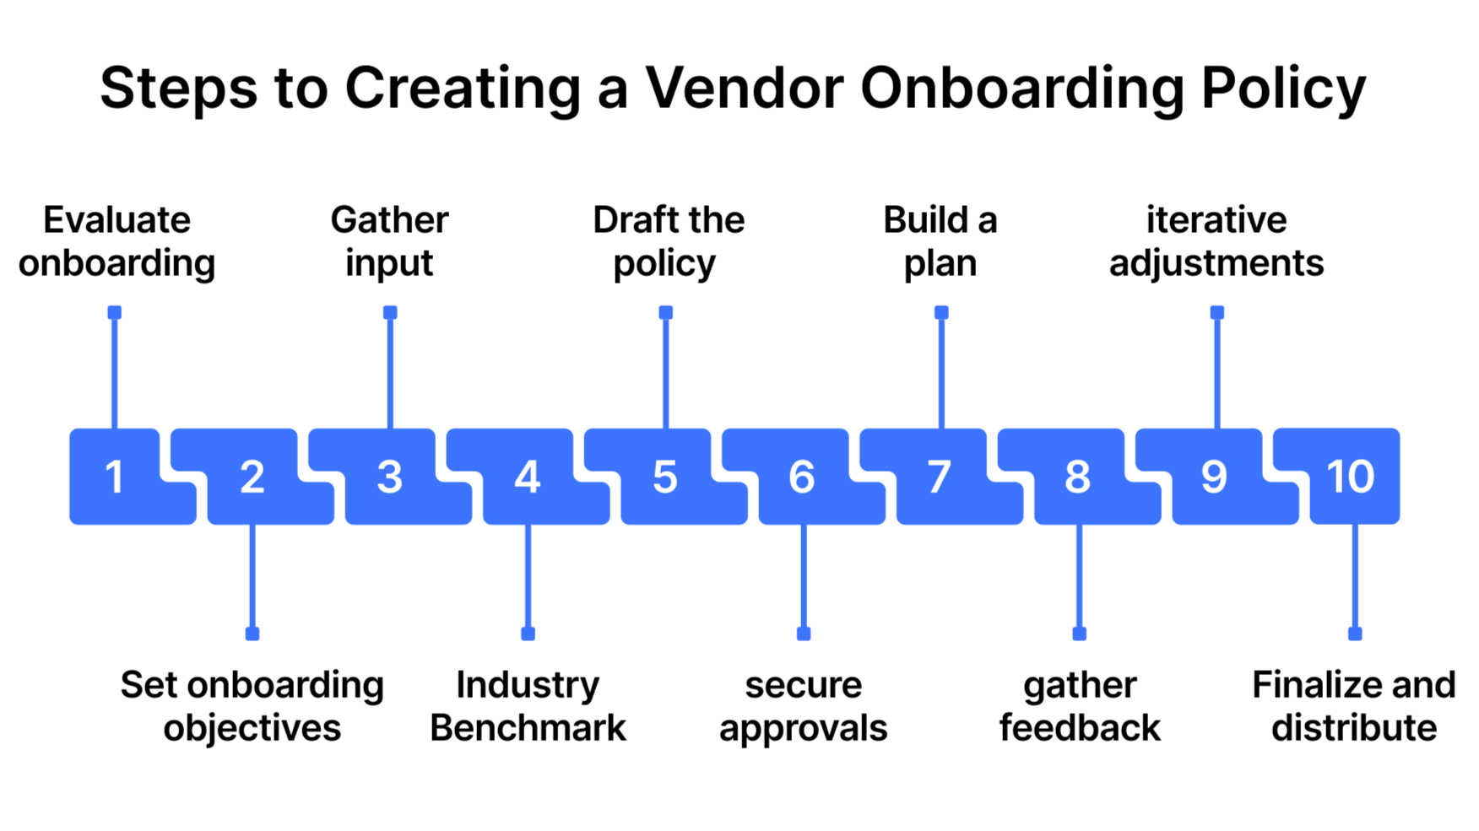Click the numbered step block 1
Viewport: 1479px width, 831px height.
pos(115,477)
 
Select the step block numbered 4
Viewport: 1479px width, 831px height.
pos(528,477)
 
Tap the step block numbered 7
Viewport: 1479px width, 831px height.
pos(940,477)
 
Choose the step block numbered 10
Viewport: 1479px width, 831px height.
pos(1352,477)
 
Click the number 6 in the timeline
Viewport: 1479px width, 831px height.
pos(802,477)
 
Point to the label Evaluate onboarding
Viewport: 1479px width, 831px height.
pos(116,241)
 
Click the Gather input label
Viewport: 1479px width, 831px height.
pos(389,241)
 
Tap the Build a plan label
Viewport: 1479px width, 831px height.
pos(940,241)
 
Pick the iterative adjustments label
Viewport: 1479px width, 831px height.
pos(1216,241)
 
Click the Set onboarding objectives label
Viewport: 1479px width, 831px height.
pos(252,706)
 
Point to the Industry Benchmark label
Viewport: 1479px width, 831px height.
pos(528,706)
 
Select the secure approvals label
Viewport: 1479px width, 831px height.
pos(803,706)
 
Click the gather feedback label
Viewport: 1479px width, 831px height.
pos(1080,706)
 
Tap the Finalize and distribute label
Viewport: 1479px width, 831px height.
pos(1354,706)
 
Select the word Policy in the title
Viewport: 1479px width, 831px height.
pos(1283,88)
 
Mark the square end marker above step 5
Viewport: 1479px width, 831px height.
pos(666,313)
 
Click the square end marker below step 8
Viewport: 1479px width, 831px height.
pos(1079,634)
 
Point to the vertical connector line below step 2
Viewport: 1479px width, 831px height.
pos(252,578)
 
